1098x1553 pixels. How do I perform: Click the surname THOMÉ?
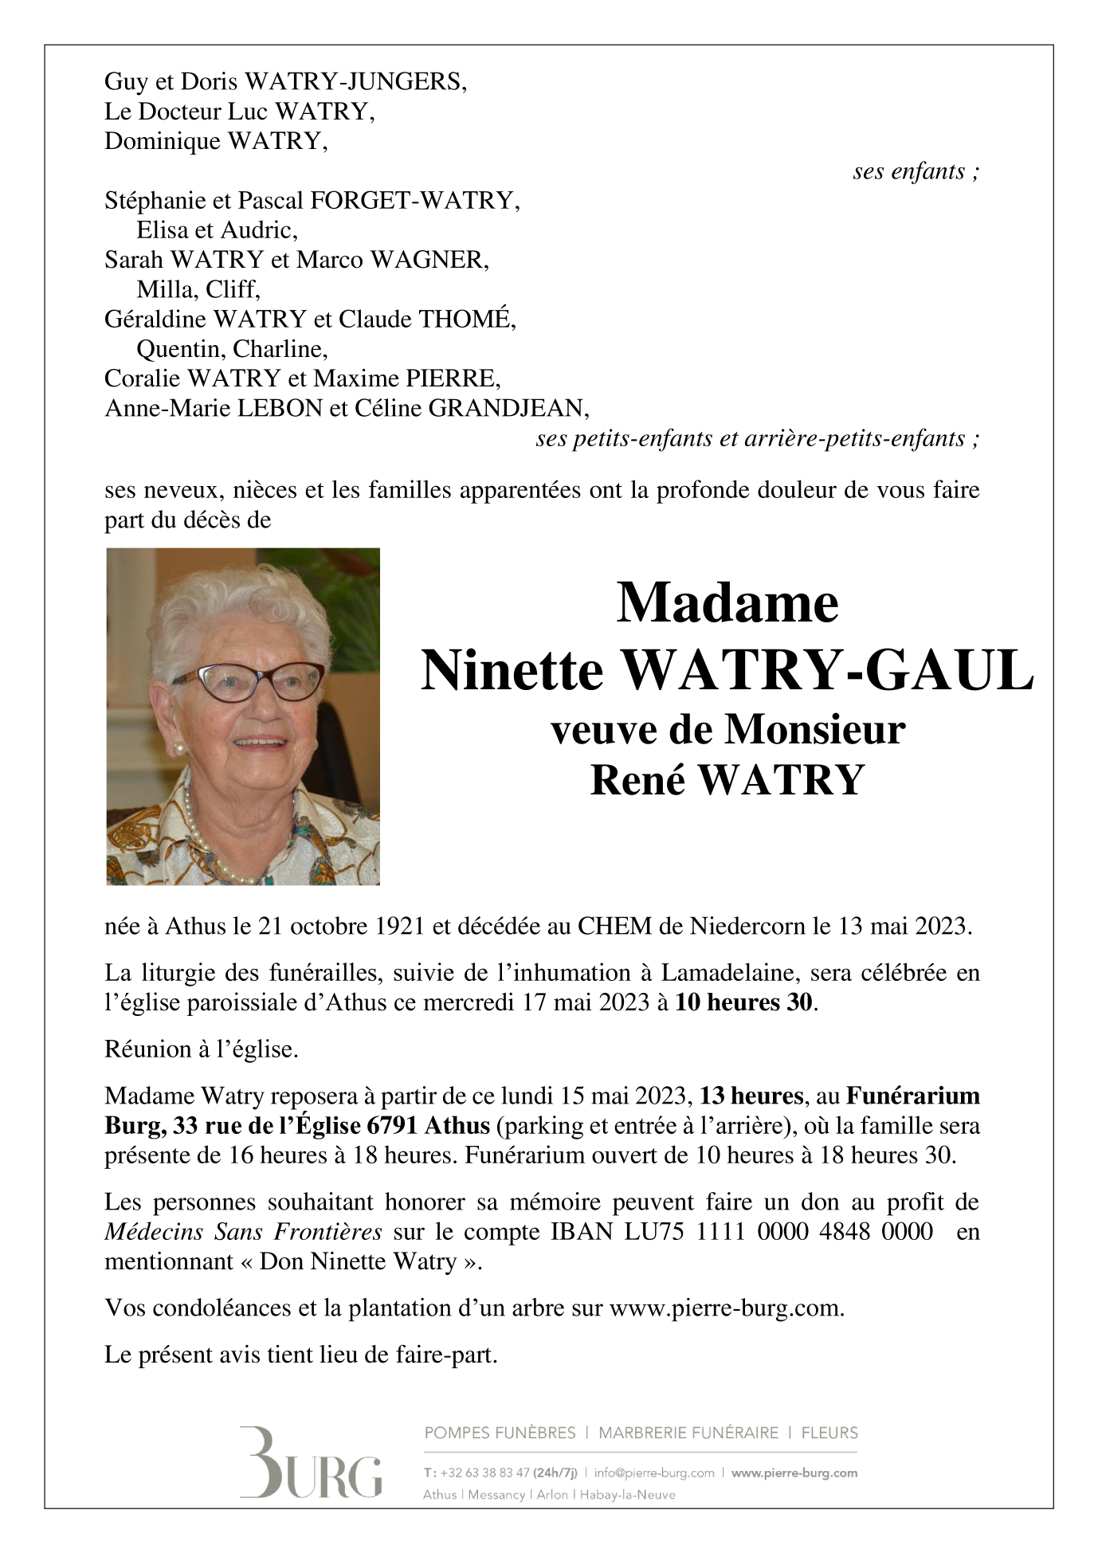point(466,320)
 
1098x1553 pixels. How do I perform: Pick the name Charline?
point(279,349)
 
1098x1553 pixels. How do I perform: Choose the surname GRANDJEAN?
point(508,409)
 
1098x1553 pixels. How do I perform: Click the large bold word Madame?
point(727,603)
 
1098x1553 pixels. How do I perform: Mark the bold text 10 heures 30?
point(743,1002)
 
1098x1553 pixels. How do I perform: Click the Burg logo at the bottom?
point(311,1462)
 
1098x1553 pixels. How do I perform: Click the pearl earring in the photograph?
point(179,748)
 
